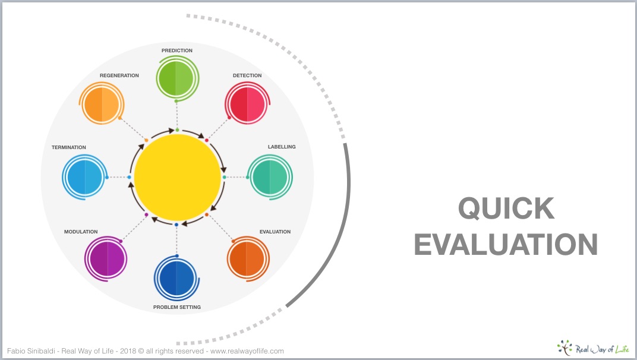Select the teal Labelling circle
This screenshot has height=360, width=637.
(x=270, y=177)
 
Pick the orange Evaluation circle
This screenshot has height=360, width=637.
(x=248, y=259)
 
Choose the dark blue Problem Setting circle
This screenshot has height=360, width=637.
(x=176, y=278)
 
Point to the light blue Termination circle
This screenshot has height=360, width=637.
(x=84, y=177)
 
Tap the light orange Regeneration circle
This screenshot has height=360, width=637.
(x=102, y=103)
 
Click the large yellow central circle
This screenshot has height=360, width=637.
(x=177, y=178)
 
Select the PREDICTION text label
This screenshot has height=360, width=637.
(x=177, y=50)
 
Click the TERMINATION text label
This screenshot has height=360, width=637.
(x=69, y=147)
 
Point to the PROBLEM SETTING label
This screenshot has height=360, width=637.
(x=176, y=307)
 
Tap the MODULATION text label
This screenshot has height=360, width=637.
(x=81, y=232)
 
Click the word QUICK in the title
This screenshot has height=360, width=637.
(x=506, y=208)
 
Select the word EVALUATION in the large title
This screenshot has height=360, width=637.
(x=506, y=244)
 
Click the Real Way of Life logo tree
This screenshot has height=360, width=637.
(x=565, y=348)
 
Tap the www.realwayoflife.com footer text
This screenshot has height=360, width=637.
(x=247, y=351)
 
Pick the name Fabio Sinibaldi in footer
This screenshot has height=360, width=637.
(x=31, y=351)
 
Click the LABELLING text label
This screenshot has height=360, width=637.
(x=282, y=147)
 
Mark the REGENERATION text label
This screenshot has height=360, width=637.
(x=119, y=75)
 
